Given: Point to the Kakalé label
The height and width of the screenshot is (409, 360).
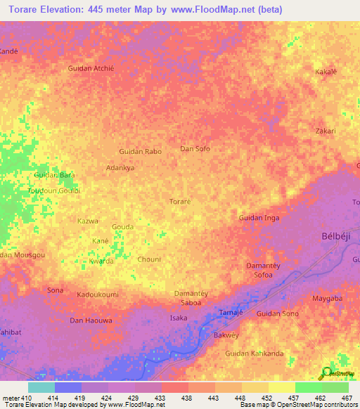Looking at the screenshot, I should click(326, 72).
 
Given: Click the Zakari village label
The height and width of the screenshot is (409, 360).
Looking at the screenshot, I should click(326, 131).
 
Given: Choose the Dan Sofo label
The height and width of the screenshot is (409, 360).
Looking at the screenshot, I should click(195, 148).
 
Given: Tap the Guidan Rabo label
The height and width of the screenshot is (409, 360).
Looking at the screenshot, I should click(140, 151).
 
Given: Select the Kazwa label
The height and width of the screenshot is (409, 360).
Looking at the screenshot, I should click(87, 221).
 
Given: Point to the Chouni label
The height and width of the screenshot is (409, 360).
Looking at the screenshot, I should click(149, 259).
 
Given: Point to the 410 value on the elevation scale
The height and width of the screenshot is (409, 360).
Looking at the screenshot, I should click(27, 398).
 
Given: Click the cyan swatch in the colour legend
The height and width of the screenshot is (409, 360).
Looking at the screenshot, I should click(41, 387).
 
